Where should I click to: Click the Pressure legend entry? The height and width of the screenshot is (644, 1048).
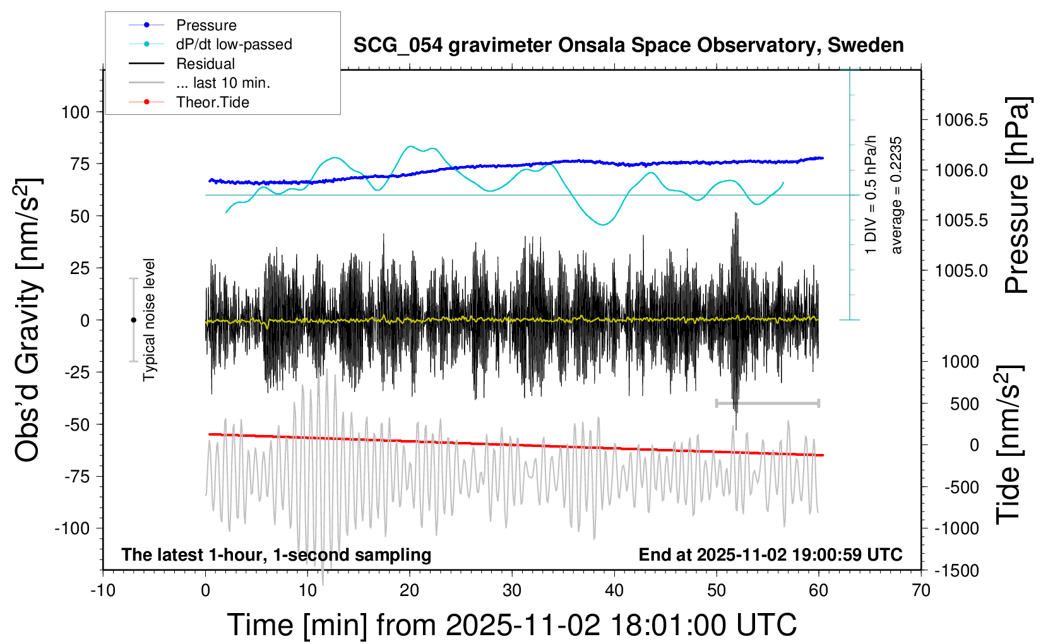coord(206,25)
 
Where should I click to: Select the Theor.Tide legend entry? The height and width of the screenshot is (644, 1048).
coord(212,102)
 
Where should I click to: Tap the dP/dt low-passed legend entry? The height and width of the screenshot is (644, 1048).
coord(234,44)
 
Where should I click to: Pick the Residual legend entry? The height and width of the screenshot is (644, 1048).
coord(205,64)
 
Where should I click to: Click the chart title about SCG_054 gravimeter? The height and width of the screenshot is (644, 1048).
coord(628,45)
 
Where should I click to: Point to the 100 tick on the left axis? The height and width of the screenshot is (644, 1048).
coord(76,112)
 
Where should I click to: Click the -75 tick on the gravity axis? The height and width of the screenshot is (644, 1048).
coord(76,477)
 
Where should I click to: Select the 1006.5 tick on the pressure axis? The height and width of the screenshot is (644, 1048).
coord(961,120)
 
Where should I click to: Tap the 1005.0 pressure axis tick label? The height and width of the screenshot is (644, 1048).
coord(961,271)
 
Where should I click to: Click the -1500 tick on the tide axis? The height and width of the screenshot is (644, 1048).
coord(956,571)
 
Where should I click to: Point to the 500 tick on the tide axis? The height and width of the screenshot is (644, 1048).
coord(964,404)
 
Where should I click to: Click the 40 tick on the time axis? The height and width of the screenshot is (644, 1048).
coord(614,591)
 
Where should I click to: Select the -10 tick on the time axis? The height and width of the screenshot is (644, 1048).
coord(103,591)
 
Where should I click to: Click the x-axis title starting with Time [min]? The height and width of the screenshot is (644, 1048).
coord(511,625)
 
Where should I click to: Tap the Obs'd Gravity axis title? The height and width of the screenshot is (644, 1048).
coord(28,320)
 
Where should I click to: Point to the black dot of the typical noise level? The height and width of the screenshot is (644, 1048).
coord(133,320)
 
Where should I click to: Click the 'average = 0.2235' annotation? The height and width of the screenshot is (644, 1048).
coord(896,196)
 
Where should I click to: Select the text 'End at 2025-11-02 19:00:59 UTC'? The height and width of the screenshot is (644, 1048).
coord(770,555)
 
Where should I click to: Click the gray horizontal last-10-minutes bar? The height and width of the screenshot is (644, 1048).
coord(767,403)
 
